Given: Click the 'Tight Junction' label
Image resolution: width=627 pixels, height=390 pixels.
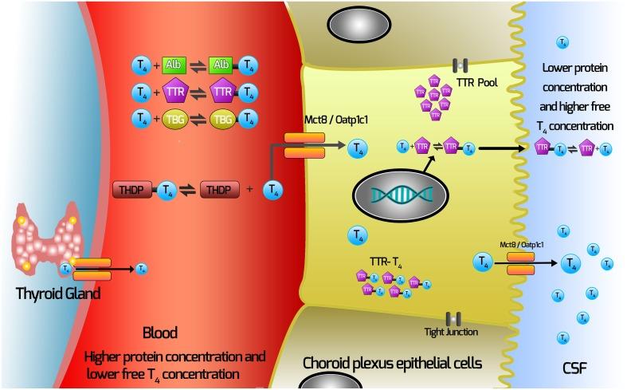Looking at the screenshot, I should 452,332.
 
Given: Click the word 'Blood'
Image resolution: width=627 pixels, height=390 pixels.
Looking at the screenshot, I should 159,332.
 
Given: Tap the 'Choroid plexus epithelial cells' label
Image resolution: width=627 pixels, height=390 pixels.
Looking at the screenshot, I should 392,363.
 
